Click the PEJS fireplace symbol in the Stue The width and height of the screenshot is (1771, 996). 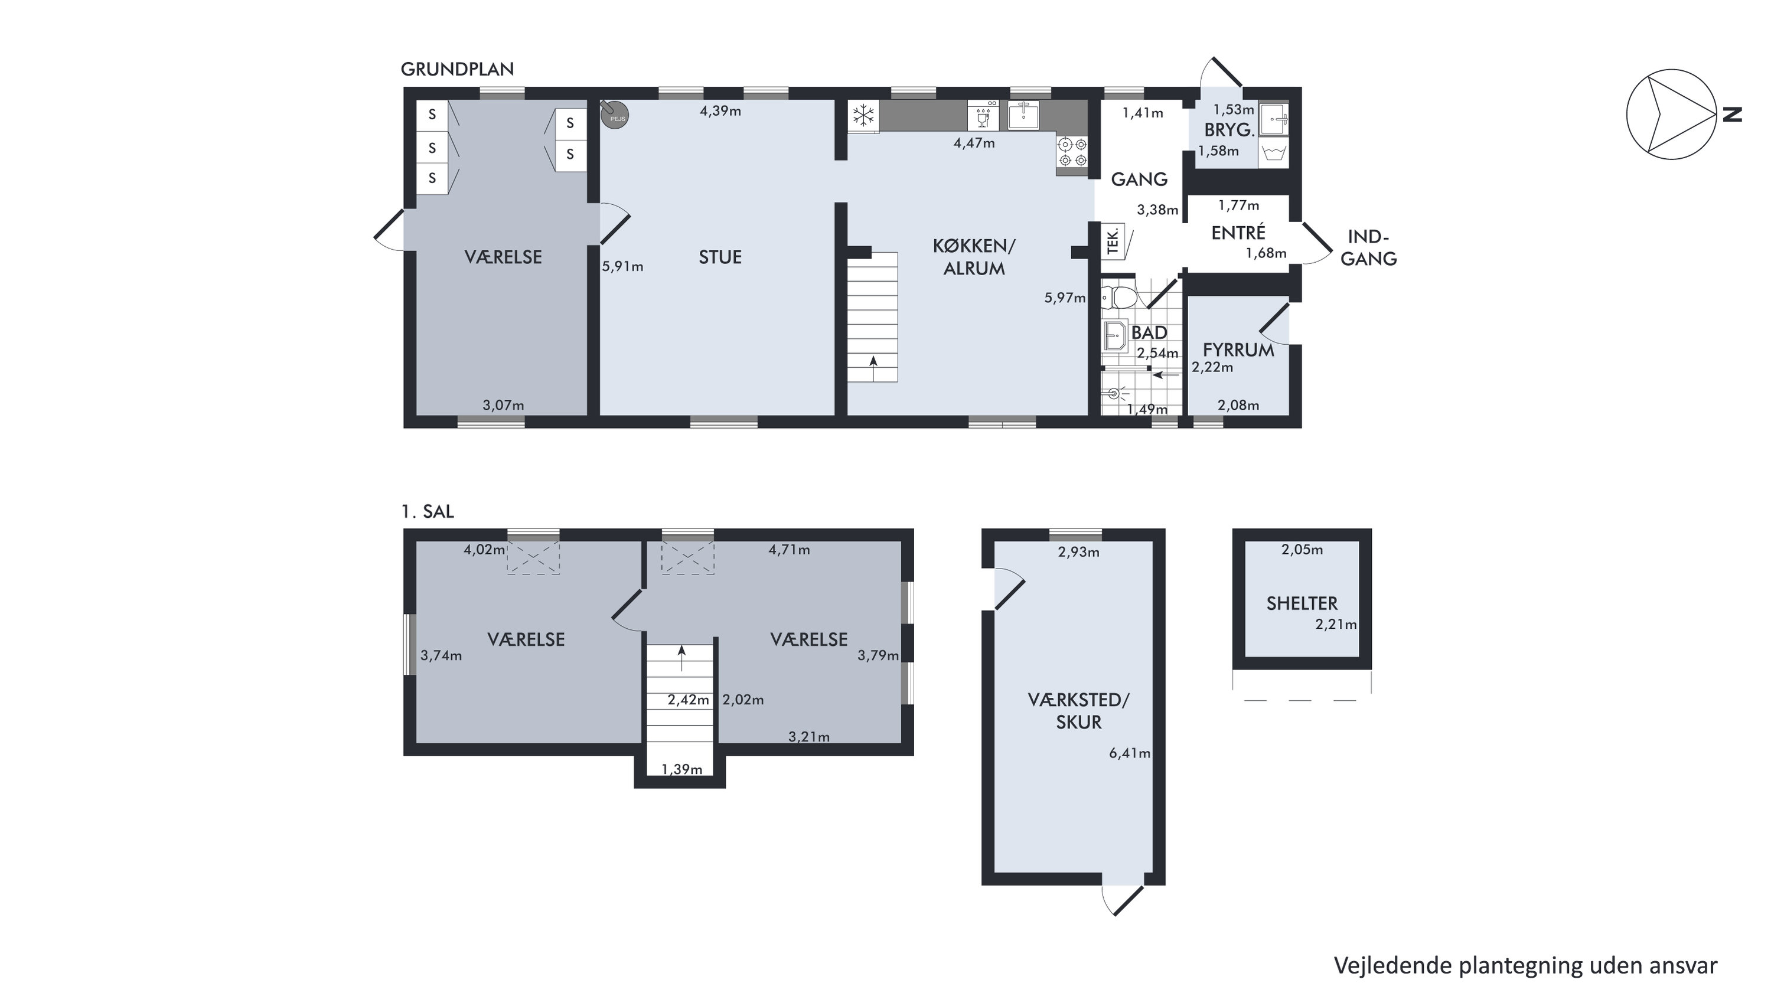(614, 115)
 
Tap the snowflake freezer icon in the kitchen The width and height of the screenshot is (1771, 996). (863, 116)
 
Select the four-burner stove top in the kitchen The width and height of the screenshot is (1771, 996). (1072, 152)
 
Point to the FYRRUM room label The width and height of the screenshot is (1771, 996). (1238, 350)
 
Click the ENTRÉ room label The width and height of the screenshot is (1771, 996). (1238, 233)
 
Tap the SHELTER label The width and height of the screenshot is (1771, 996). (1302, 603)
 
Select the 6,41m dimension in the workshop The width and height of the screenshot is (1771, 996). (1130, 753)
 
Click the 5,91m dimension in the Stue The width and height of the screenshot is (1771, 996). (623, 267)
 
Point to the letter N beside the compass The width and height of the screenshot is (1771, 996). (1733, 114)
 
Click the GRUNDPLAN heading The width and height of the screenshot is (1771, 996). (457, 70)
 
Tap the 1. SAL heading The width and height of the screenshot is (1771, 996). (428, 511)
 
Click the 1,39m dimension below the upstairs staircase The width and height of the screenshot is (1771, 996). (682, 769)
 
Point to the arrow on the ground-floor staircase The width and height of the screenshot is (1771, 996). (873, 368)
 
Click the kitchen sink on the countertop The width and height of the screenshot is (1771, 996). (1024, 115)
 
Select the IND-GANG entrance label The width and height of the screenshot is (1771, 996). (1368, 247)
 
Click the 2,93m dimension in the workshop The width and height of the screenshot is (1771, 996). (1079, 552)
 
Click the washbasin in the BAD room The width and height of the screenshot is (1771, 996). (1114, 335)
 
